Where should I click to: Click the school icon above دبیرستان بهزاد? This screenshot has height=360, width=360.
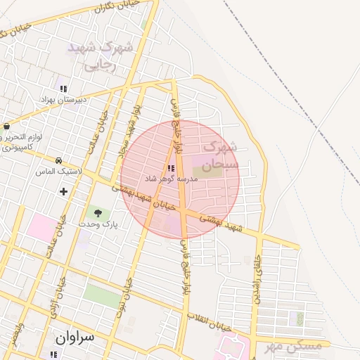click(63, 89)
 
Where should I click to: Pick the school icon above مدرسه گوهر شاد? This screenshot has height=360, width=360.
click(172, 168)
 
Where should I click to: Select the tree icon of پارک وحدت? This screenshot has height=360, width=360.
click(98, 212)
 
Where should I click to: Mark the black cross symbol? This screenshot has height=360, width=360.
click(64, 191)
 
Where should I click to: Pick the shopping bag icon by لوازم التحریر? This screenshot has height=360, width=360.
click(6, 127)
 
